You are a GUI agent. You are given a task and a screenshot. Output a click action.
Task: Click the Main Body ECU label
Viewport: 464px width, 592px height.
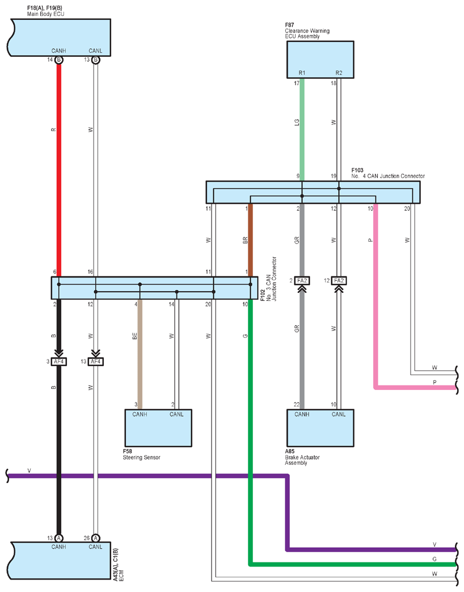click(45, 14)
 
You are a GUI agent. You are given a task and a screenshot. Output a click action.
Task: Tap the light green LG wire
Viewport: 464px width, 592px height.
click(302, 129)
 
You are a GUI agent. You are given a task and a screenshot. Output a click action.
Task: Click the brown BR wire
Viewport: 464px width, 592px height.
click(250, 240)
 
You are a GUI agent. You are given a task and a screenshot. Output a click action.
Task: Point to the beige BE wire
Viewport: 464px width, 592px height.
click(140, 354)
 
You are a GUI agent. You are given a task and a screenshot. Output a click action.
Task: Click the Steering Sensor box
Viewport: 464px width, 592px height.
click(158, 428)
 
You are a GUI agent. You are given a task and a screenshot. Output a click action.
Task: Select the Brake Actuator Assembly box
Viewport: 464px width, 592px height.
click(320, 428)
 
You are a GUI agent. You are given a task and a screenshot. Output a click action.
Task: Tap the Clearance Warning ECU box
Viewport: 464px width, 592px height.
click(320, 60)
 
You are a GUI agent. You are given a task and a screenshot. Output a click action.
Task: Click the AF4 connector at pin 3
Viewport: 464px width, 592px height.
click(59, 362)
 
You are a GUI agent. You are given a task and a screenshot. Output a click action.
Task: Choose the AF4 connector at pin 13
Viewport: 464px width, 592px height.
click(96, 362)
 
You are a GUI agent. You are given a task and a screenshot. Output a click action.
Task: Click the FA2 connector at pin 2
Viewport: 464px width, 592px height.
click(302, 280)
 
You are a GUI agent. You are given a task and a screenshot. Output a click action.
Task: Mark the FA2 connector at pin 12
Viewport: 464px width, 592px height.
click(339, 280)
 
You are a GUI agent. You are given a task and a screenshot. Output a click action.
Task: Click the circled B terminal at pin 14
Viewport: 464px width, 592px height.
click(59, 60)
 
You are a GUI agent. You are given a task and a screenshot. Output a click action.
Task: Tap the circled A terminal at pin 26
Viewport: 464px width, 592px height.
click(96, 538)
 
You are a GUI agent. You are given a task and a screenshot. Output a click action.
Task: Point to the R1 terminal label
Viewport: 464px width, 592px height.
click(302, 73)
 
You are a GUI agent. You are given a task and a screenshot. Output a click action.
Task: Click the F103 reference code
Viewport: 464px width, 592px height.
click(357, 170)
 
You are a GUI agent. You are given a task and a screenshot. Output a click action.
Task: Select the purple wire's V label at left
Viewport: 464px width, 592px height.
click(29, 471)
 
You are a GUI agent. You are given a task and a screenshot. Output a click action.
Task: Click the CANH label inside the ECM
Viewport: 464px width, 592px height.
click(59, 547)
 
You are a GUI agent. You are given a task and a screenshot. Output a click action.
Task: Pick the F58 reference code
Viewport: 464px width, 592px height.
click(128, 451)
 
